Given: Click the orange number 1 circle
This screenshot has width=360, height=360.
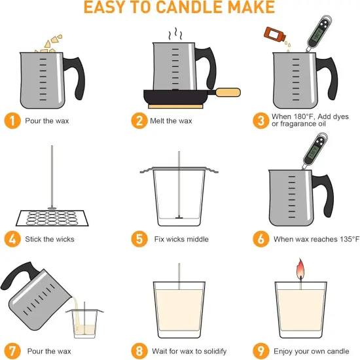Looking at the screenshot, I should (12, 120).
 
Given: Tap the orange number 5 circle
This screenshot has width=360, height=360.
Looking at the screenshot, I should (139, 238).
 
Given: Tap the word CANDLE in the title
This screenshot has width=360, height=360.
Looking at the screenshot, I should (175, 8).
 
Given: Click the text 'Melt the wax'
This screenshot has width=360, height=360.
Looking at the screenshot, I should (173, 120).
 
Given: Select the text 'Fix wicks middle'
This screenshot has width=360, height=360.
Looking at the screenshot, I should (181, 239).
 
